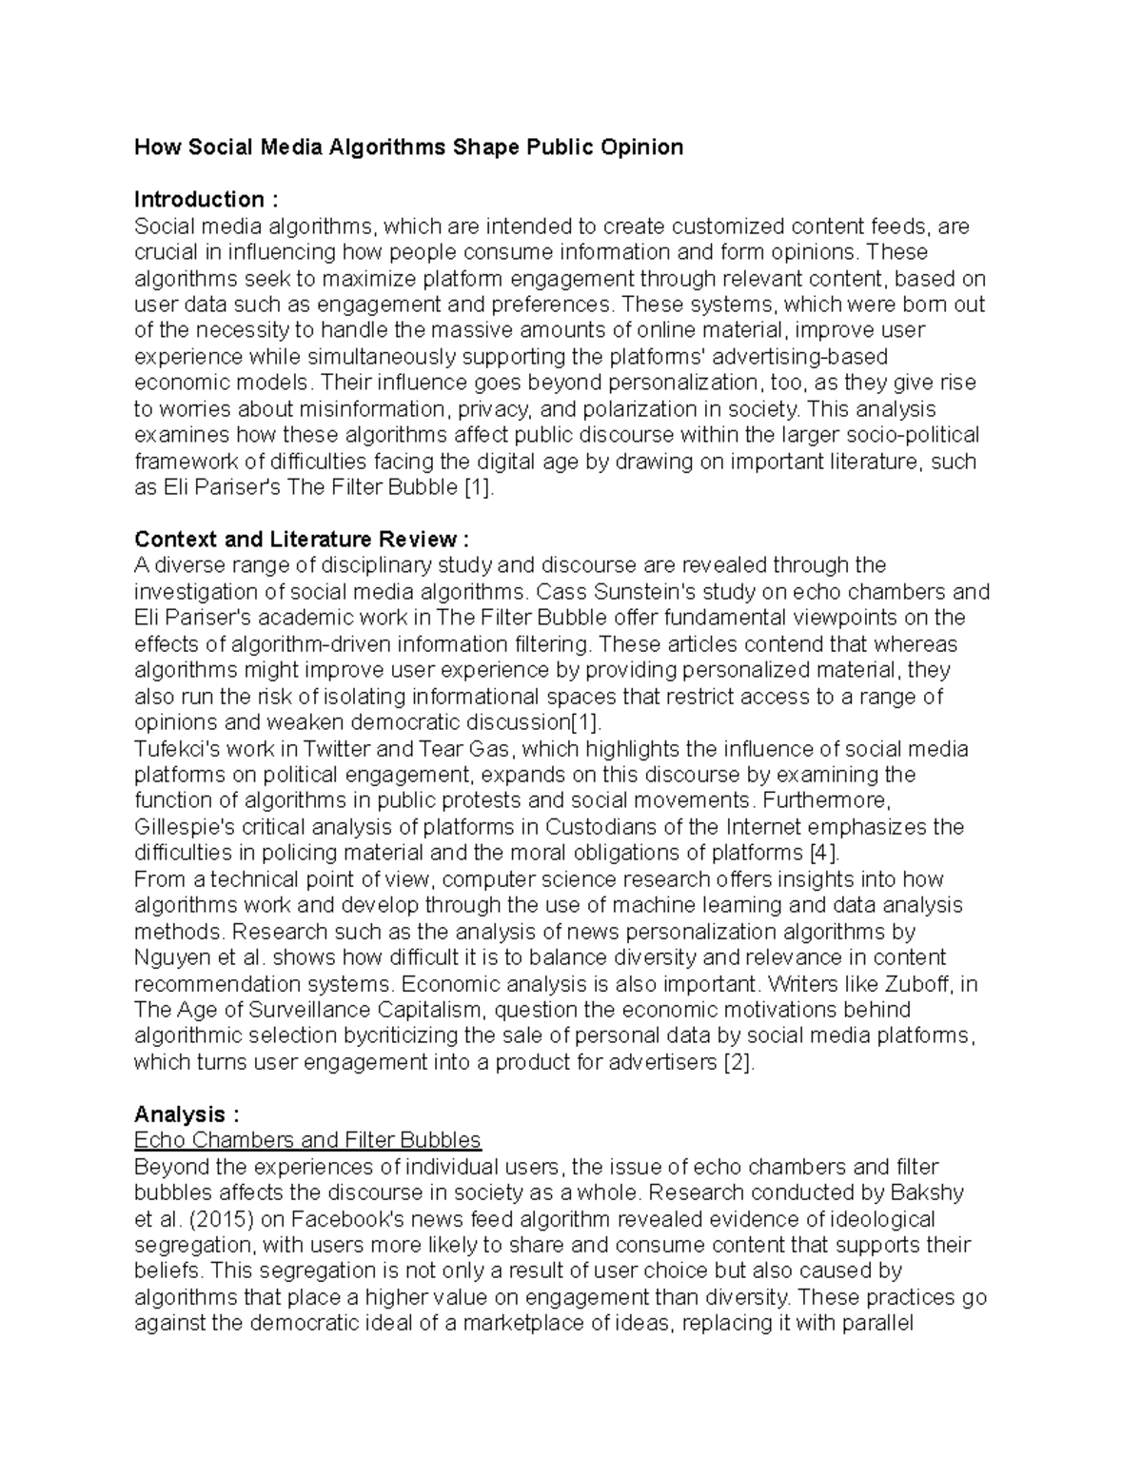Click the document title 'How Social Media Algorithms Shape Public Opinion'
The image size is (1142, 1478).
[408, 148]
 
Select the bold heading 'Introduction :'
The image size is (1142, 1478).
[206, 200]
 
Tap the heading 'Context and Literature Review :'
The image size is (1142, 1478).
[302, 540]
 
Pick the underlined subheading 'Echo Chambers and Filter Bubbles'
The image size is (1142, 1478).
[307, 1140]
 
